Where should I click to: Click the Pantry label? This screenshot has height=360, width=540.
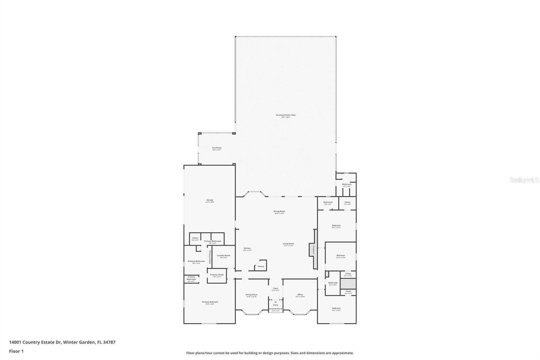click(x=261, y=266)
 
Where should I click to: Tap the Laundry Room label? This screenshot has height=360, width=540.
click(x=223, y=256)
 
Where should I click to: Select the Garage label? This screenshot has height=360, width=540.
click(x=210, y=200)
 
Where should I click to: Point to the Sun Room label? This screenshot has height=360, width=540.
click(x=217, y=148)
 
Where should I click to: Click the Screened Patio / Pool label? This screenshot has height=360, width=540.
click(x=286, y=115)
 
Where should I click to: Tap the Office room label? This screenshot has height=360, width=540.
click(x=300, y=294)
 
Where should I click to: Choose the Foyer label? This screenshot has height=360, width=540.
click(x=276, y=288)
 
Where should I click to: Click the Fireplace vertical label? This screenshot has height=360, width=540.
click(x=313, y=251)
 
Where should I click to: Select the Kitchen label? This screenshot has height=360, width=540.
click(x=247, y=248)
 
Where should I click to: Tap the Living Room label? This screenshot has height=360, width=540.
click(x=289, y=243)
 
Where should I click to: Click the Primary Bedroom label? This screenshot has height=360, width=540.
click(x=210, y=302)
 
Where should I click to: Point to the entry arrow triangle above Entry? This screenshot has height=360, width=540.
click(x=276, y=302)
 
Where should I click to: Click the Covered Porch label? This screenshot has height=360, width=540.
click(x=276, y=309)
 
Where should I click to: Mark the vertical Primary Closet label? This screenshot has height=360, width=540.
click(x=210, y=256)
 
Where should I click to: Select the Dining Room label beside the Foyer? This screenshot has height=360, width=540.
click(x=251, y=294)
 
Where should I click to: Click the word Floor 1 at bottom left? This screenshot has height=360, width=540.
click(x=16, y=351)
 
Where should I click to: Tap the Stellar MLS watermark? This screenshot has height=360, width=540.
click(x=524, y=180)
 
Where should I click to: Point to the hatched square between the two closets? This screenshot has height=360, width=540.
click(x=346, y=284)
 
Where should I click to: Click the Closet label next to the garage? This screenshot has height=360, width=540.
click(x=195, y=238)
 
